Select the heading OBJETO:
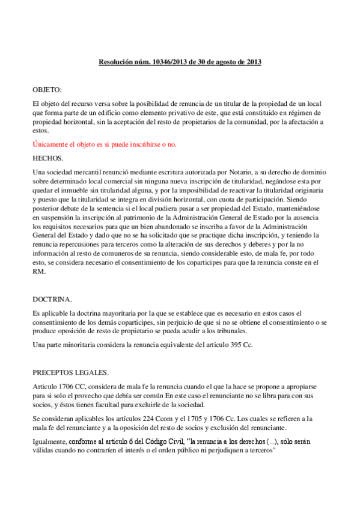47,89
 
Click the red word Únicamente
52,144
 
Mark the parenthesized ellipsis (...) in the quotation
272,441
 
